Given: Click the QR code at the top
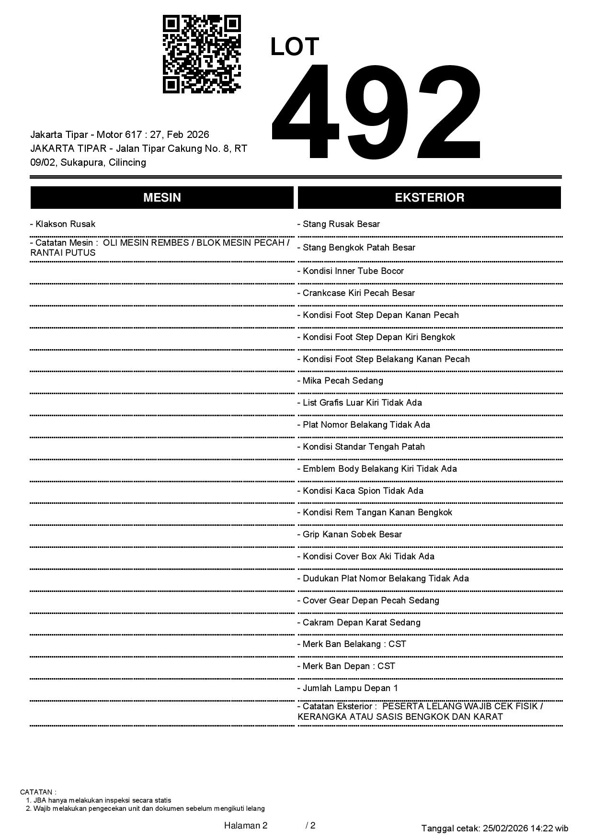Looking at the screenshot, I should point(202,54).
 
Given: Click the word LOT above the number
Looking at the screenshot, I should point(295,47).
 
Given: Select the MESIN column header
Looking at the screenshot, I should point(162,198).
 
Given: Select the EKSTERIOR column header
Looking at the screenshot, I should point(429,198).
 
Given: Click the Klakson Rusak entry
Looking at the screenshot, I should point(63,224).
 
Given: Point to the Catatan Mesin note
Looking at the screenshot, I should point(160,248).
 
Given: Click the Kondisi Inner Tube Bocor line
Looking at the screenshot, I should point(351,271).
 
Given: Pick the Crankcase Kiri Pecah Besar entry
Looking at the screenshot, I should point(356,293).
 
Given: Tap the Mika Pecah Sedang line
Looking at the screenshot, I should point(340,381).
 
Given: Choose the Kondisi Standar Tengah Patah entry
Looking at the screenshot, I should point(361,447).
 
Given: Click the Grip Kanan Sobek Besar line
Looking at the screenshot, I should point(350,534).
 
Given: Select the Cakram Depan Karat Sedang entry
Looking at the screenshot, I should point(359,623).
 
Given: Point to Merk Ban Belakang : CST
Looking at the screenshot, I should point(352,644).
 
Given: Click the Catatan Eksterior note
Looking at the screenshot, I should point(420,712).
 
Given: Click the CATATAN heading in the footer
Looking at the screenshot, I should point(38,792).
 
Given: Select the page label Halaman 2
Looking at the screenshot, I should point(246,826).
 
